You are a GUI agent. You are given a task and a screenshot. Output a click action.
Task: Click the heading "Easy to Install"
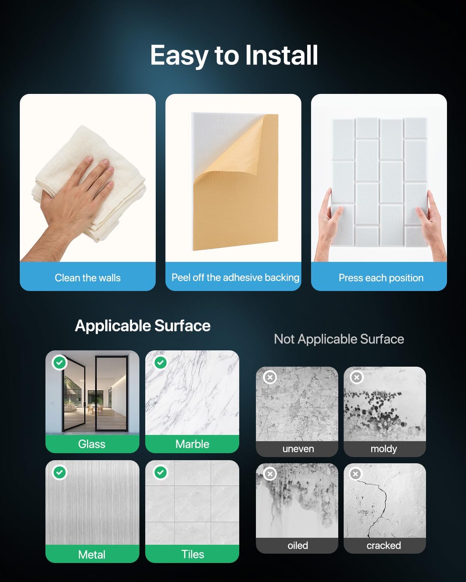(234, 56)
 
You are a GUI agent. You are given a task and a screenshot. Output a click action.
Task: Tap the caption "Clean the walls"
(87, 278)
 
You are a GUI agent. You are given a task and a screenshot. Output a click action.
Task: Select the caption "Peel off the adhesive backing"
(235, 278)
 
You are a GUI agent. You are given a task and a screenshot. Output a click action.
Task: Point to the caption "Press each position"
(381, 278)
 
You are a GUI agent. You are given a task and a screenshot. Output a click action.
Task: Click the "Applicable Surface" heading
(143, 326)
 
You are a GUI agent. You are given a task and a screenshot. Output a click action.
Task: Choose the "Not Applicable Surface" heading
(339, 339)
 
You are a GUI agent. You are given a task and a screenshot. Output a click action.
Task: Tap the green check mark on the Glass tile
(60, 362)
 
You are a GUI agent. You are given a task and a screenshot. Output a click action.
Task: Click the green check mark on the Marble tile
(160, 362)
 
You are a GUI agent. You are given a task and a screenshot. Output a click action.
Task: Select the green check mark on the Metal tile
(60, 473)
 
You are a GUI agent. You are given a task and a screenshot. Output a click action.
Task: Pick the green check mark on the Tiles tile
(160, 473)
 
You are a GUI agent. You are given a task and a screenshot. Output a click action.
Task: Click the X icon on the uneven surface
(270, 377)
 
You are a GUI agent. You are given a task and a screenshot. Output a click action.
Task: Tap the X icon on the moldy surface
(356, 377)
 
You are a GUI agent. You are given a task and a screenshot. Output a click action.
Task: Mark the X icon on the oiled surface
(270, 474)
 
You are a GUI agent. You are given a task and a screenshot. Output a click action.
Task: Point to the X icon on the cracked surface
(356, 474)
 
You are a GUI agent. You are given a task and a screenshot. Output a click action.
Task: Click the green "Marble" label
(192, 444)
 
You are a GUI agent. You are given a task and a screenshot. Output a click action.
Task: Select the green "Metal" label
(92, 554)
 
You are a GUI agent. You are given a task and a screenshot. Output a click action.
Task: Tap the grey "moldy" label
(384, 449)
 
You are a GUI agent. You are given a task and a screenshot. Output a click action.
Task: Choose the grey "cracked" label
(384, 546)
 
